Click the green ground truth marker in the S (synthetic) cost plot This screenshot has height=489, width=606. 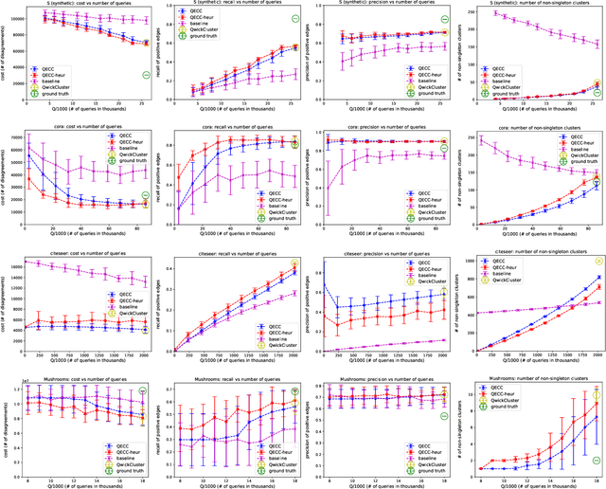[146, 76]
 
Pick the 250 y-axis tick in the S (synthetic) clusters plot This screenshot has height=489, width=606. [470, 13]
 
